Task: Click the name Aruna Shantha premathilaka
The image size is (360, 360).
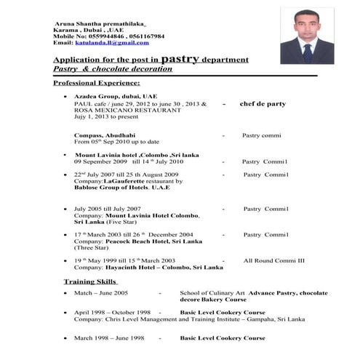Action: [x=99, y=24]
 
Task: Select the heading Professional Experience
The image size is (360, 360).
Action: [x=96, y=84]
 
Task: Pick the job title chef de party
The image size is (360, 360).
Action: [x=263, y=104]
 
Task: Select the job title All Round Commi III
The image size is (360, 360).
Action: [x=274, y=260]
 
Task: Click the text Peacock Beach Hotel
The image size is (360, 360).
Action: [x=136, y=241]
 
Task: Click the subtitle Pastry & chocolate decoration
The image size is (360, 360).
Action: [x=113, y=69]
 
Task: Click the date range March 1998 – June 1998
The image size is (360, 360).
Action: [x=108, y=338]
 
